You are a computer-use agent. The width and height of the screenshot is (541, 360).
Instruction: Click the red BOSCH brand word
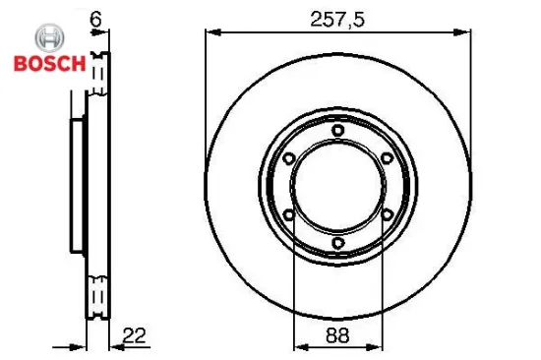(50, 63)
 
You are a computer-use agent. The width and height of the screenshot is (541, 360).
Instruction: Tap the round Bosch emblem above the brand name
(50, 38)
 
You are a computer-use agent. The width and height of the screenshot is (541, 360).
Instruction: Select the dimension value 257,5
(337, 20)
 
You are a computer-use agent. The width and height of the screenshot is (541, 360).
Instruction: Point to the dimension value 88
(337, 334)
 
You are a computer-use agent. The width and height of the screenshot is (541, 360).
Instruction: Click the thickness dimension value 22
(134, 335)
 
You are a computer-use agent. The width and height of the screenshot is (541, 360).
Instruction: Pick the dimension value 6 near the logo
(95, 20)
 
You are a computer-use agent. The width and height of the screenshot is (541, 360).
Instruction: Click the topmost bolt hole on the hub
(337, 131)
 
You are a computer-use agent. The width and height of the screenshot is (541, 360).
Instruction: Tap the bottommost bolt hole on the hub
(337, 243)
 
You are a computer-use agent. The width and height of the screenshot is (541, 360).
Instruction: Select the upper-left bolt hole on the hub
(288, 158)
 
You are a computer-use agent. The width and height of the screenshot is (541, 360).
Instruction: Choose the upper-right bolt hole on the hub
(387, 158)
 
